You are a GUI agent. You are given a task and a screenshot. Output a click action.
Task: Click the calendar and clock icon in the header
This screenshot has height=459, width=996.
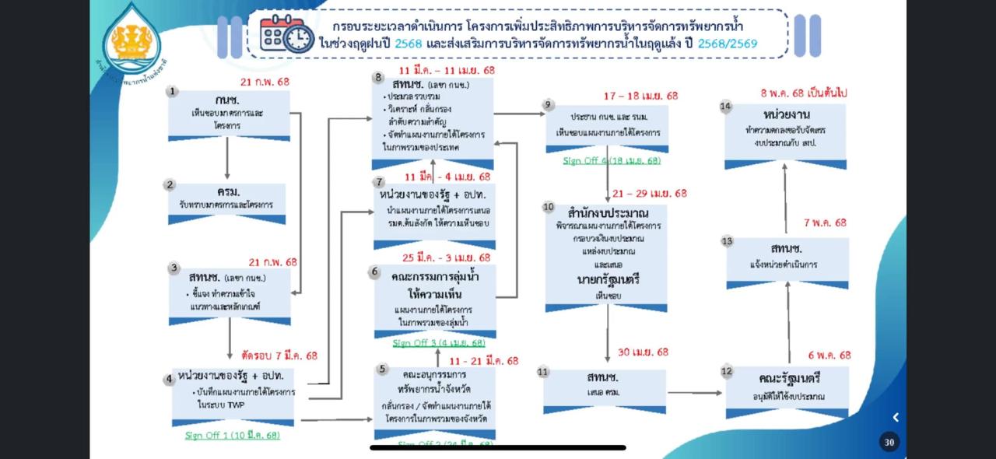pos(286,33)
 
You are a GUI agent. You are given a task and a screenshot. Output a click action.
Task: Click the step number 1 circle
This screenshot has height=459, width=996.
pos(172,92)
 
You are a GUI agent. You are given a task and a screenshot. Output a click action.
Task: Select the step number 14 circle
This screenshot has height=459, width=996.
pos(726,107)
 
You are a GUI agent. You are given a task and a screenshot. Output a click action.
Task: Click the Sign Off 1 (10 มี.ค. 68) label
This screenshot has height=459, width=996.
pos(232,435)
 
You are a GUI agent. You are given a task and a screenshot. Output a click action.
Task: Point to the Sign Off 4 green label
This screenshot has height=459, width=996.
pos(612,160)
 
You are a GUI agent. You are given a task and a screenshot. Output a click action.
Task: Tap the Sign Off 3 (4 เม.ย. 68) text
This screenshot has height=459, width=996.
pos(438,342)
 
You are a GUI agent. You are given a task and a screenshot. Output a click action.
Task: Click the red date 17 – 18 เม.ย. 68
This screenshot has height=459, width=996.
pos(640,96)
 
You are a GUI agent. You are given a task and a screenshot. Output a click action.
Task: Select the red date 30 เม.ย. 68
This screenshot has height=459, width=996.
pos(643,352)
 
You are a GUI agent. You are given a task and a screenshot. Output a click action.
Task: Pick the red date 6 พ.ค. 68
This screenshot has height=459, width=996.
pos(829,355)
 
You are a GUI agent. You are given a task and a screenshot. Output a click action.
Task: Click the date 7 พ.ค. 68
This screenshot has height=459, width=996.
pos(824,222)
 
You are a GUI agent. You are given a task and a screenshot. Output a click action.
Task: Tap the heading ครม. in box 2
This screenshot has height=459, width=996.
pos(228,191)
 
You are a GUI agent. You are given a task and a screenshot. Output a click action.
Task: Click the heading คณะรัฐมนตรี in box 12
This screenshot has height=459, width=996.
pos(789,379)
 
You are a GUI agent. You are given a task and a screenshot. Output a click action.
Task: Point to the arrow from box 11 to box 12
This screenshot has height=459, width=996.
pos(694,392)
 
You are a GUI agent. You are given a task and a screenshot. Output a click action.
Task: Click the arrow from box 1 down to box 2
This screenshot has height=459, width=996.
pos(227,160)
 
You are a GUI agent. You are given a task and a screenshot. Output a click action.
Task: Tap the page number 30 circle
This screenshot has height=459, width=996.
pos(889,442)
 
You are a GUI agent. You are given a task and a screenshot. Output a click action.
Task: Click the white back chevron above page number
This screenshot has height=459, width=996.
pos(896,417)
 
